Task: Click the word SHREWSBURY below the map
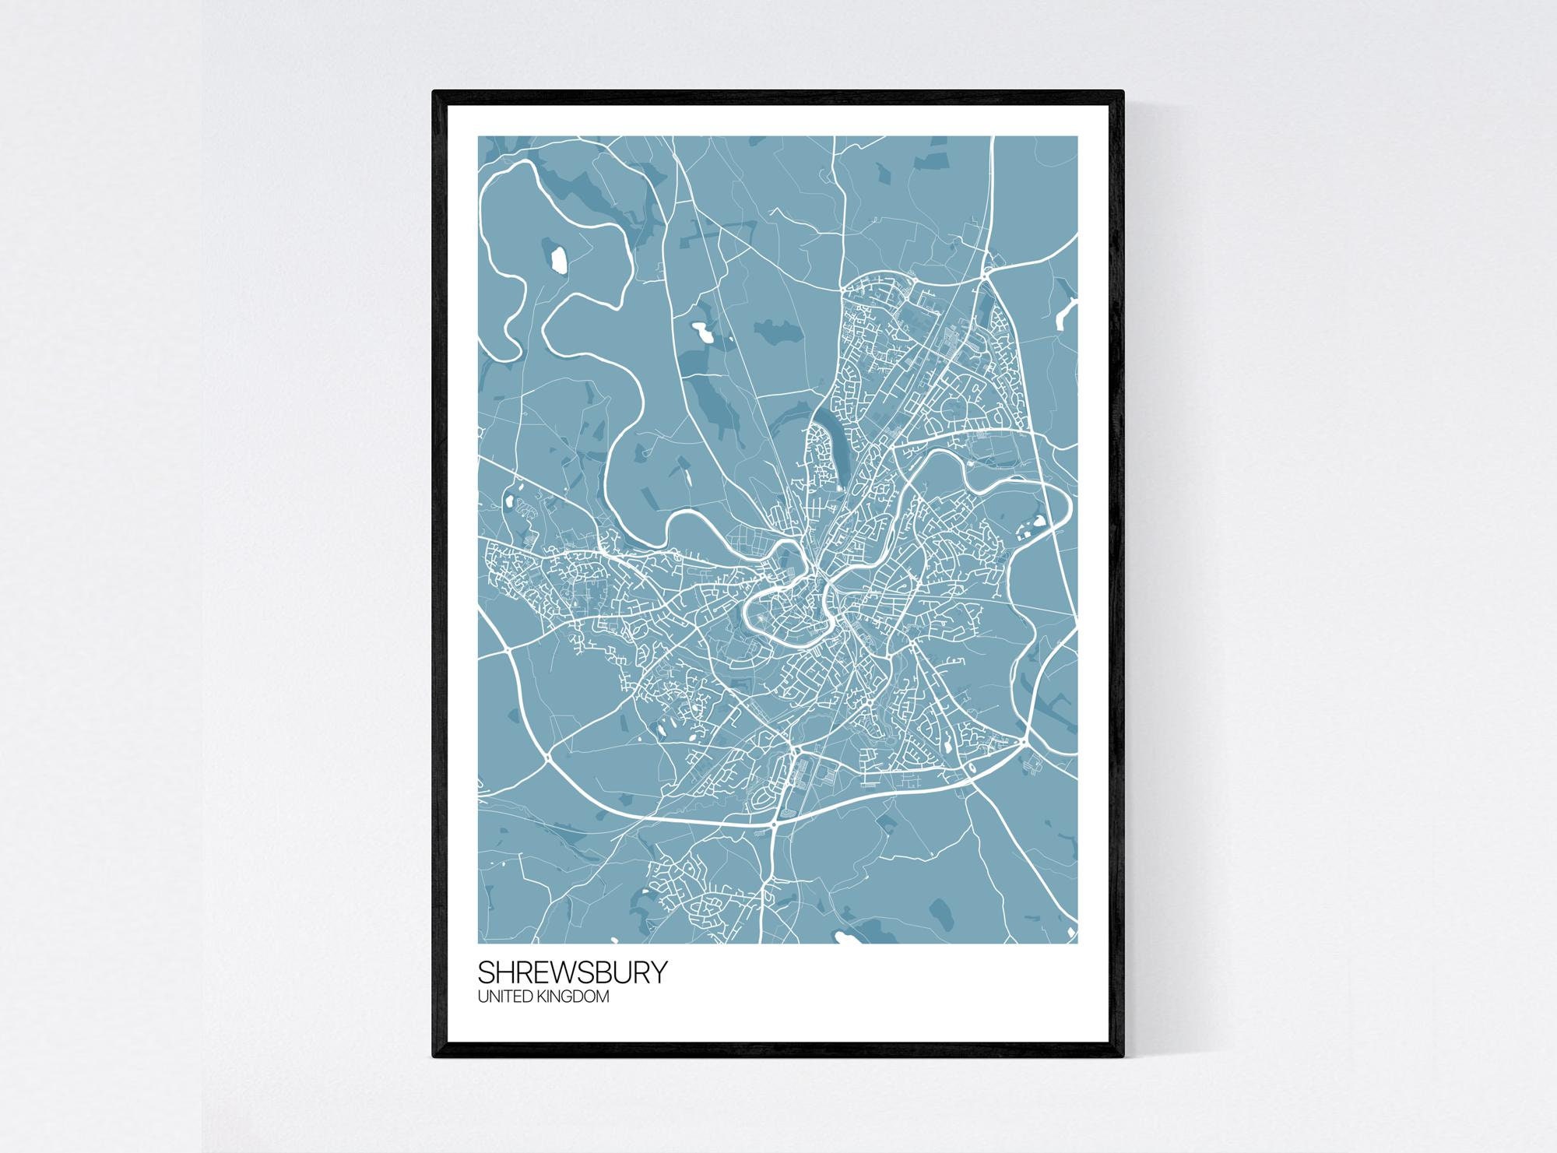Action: click(572, 972)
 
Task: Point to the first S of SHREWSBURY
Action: click(485, 972)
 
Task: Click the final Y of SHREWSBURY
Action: click(659, 972)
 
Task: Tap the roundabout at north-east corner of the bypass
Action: click(985, 272)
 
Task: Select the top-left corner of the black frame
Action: click(434, 93)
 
